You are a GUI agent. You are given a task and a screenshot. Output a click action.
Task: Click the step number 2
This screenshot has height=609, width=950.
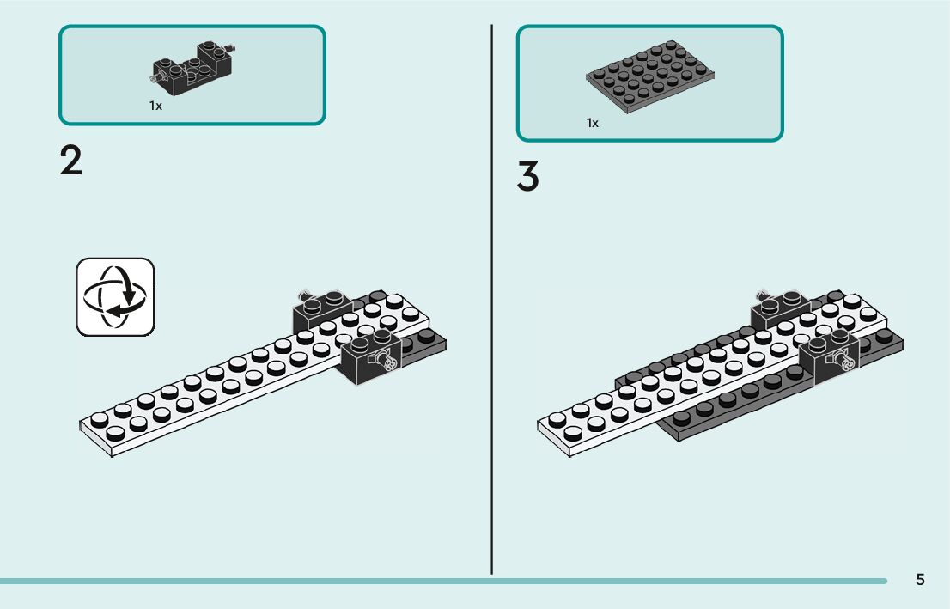click(x=71, y=161)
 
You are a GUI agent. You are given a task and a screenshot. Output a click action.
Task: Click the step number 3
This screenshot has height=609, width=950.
click(x=528, y=177)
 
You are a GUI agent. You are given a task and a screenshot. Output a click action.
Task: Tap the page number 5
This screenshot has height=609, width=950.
click(x=920, y=579)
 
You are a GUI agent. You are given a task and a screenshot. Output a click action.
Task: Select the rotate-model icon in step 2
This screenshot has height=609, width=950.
click(x=115, y=296)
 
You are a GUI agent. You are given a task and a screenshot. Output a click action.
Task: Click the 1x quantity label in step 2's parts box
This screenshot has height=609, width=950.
click(x=155, y=106)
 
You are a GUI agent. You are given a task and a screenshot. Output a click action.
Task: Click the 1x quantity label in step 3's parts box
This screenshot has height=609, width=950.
click(x=593, y=123)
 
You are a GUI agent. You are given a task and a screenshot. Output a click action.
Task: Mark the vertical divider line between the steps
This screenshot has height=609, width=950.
click(x=492, y=301)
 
